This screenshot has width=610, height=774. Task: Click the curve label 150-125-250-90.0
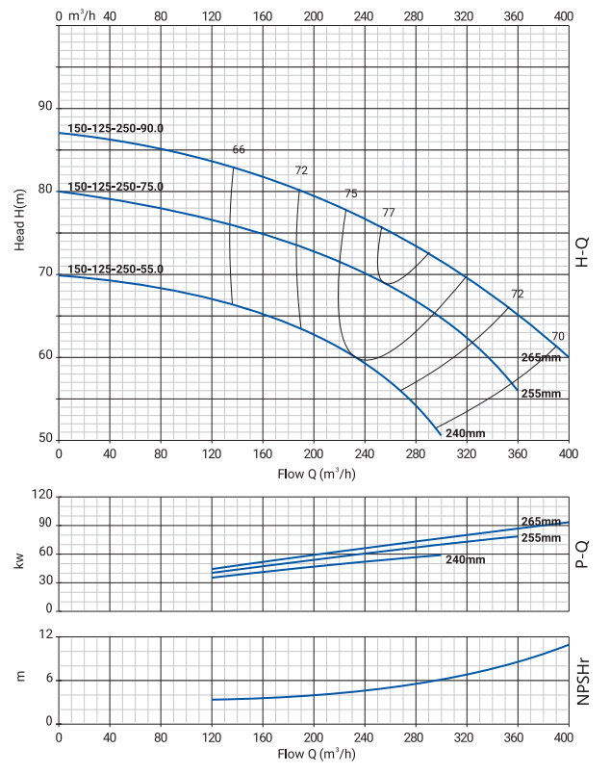[115, 128]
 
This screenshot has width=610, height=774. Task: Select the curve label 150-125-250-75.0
[115, 187]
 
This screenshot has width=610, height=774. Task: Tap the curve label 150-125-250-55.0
[115, 270]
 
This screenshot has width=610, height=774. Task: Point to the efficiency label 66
[240, 149]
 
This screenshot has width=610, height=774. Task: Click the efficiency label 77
[389, 212]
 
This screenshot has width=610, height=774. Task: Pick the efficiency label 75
[351, 193]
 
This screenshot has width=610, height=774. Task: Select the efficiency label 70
[558, 336]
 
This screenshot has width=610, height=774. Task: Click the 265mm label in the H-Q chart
[541, 358]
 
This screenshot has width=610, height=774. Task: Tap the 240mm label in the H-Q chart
[467, 433]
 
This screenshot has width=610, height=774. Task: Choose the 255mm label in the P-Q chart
[541, 537]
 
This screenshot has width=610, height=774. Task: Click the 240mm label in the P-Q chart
[466, 560]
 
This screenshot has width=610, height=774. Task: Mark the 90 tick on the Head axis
[44, 107]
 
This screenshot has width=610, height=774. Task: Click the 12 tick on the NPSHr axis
[44, 635]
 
